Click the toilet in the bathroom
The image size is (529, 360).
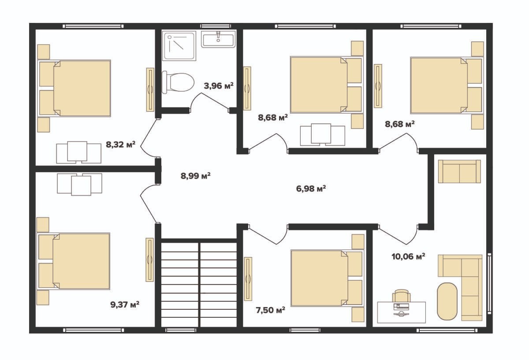coord(178,82)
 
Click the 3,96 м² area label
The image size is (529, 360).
coord(219,85)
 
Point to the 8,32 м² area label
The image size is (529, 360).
coord(121,144)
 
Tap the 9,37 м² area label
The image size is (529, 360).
coord(125,304)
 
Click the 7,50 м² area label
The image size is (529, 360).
coord(270,310)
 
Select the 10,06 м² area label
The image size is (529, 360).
coord(409,256)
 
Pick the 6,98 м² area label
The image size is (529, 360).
coord(311,189)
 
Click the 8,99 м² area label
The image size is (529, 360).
coord(196,176)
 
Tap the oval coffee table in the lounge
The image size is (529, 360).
coord(447,301)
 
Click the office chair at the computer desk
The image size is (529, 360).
coord(401,296)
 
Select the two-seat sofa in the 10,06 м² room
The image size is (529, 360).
coord(459,171)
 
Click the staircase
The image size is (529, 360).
coord(199,283)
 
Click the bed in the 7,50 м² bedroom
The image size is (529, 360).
coord(327,278)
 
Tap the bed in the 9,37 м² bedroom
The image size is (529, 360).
coord(73,261)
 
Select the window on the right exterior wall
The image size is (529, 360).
coord(490,283)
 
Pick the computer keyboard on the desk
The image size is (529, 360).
coord(401,307)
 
